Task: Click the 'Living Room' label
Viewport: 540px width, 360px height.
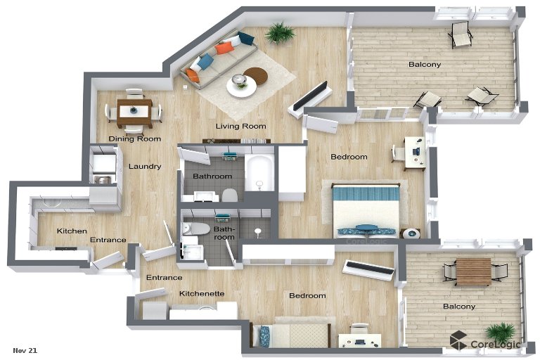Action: point(240,126)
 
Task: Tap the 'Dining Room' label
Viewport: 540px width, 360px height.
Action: point(135,139)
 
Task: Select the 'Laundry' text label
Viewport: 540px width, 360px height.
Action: point(145,167)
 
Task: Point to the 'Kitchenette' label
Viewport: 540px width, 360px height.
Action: point(202,293)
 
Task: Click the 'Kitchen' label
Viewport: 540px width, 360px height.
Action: point(72,231)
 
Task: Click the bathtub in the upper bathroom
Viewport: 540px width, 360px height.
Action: point(259,172)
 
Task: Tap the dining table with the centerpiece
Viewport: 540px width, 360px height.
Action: point(134,112)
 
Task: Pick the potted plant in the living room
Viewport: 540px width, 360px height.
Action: point(281,33)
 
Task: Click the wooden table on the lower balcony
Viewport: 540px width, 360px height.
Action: point(473,272)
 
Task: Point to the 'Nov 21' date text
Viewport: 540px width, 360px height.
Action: point(25,350)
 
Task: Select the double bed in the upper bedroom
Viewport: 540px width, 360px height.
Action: point(366,210)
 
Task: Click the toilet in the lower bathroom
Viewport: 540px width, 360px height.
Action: point(196,229)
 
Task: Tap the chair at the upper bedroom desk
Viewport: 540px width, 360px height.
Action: point(398,153)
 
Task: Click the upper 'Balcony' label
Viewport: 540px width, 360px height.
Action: point(425,65)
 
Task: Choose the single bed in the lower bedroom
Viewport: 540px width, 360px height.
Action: point(291,335)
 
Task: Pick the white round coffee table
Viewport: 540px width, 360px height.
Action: point(241,86)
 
